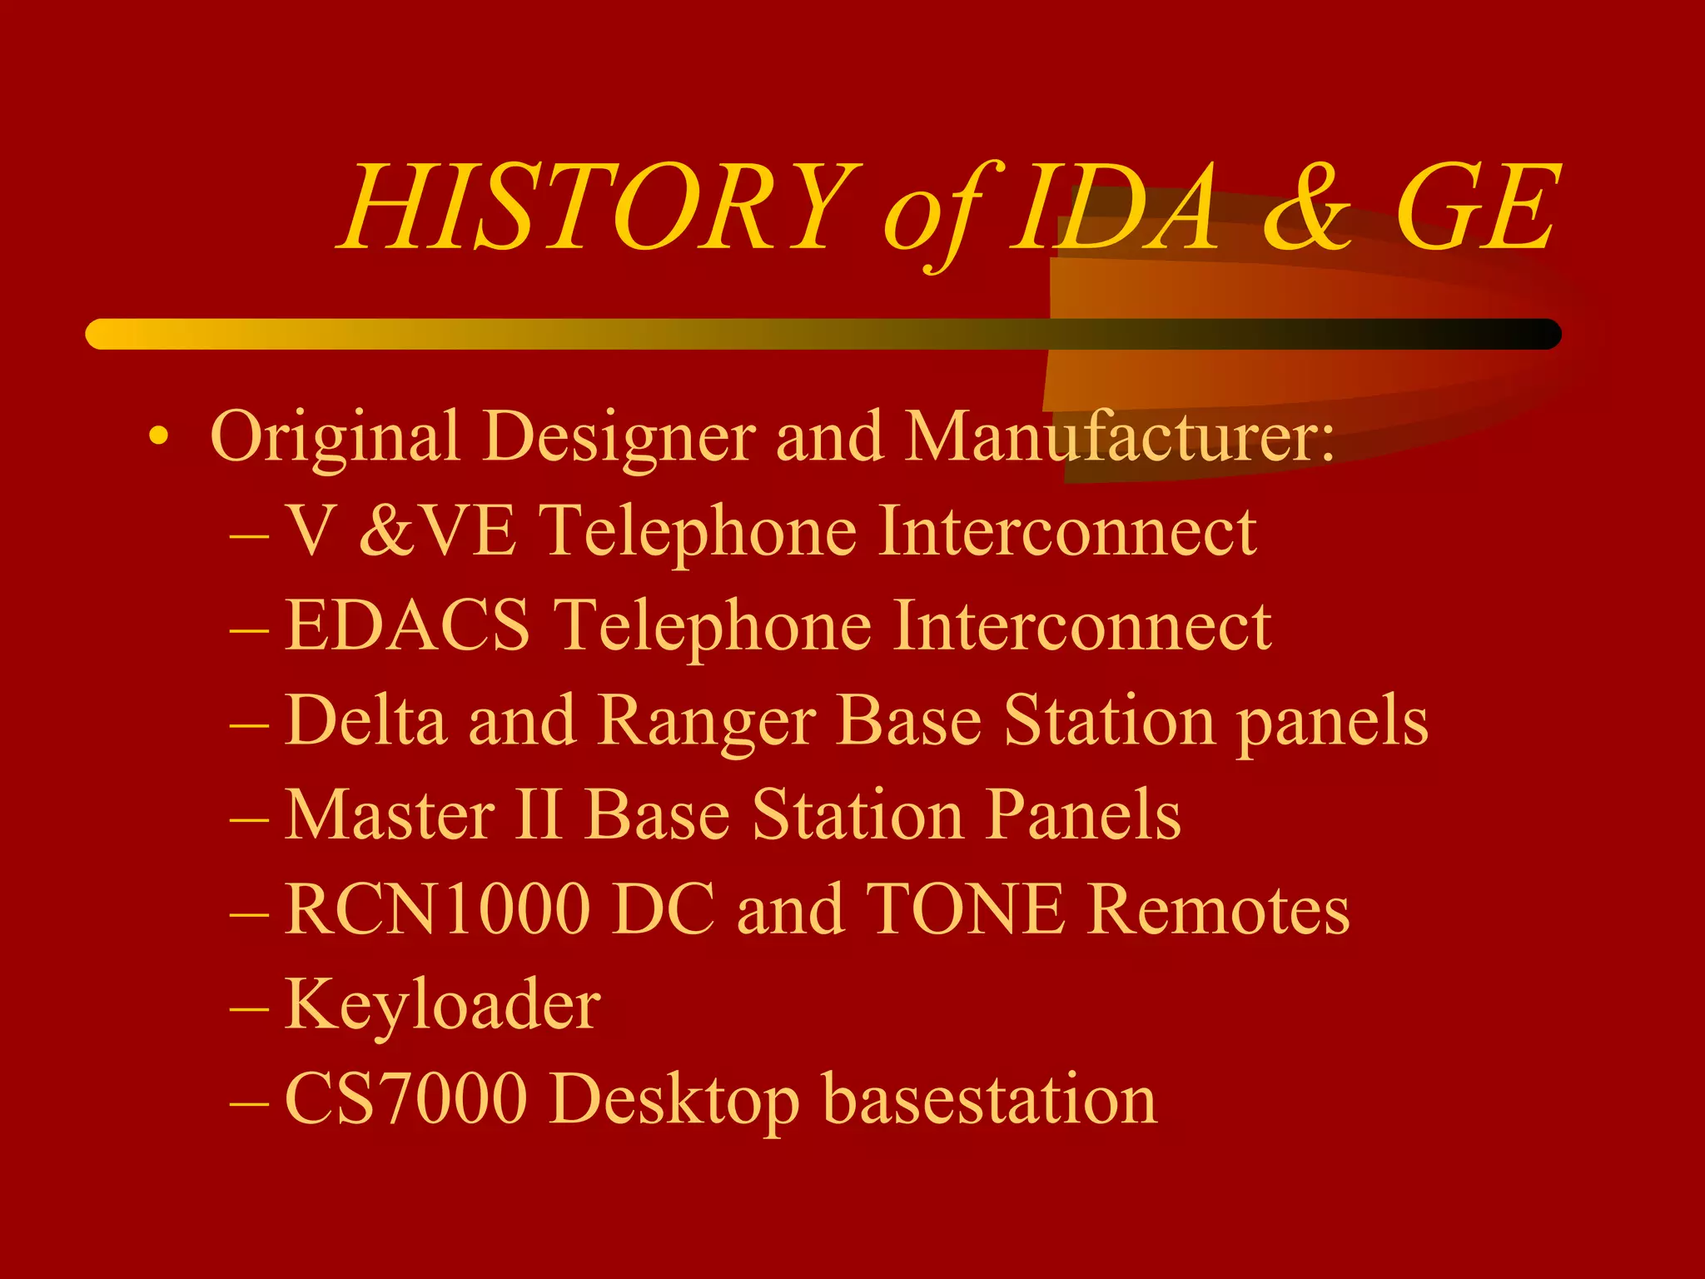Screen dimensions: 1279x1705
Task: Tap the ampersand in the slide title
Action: tap(1307, 208)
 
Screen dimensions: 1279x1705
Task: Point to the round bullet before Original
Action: tap(158, 436)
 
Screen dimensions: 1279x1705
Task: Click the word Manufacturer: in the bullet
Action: tap(1120, 436)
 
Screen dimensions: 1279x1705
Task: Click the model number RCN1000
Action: tap(437, 908)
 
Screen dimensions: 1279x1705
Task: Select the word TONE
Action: tap(966, 908)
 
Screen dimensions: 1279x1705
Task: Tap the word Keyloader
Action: tap(442, 1004)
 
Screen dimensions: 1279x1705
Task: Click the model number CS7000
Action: tap(406, 1098)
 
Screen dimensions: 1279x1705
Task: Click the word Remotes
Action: tap(1219, 908)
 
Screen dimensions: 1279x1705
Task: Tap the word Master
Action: tap(390, 814)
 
